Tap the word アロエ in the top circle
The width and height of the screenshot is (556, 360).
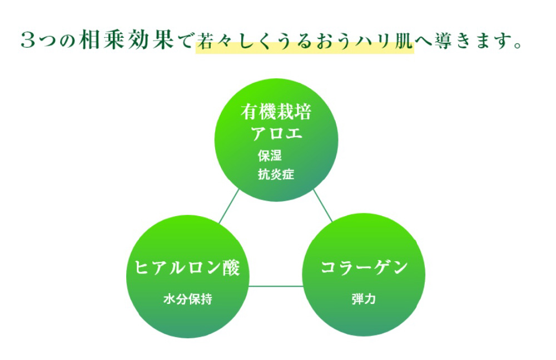click(276, 134)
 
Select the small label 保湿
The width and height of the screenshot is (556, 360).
click(270, 156)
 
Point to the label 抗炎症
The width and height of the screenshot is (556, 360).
click(276, 174)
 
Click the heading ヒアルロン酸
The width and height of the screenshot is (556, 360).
click(187, 268)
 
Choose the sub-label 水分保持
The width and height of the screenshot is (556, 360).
click(187, 299)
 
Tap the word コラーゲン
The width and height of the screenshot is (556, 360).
click(364, 268)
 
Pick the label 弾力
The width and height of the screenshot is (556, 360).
click(364, 299)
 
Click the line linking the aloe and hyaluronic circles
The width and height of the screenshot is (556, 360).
click(229, 206)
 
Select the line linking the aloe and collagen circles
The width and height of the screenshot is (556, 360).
click(322, 206)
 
